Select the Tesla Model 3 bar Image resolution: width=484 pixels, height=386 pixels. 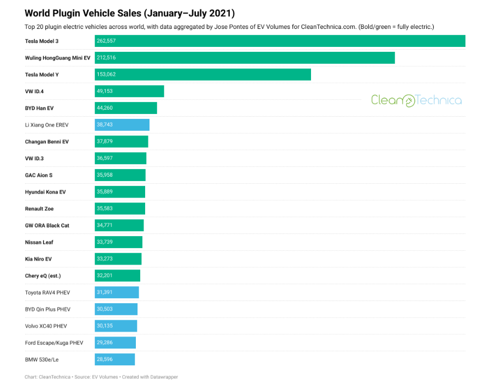click(x=279, y=41)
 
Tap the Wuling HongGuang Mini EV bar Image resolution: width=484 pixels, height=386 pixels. click(x=244, y=58)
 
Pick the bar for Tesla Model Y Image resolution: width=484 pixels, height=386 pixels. click(x=202, y=75)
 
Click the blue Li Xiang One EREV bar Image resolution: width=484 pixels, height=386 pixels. click(x=122, y=125)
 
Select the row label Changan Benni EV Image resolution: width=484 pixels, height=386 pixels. click(x=47, y=142)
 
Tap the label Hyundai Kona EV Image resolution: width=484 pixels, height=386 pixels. click(x=45, y=192)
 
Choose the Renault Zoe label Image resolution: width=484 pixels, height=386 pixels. click(x=39, y=209)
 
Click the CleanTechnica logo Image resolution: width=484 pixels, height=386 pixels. click(x=416, y=100)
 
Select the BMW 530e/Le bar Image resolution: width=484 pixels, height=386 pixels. click(x=115, y=359)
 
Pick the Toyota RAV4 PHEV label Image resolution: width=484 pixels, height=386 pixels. click(x=47, y=293)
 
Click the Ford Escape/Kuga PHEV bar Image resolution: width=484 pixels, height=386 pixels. click(x=115, y=343)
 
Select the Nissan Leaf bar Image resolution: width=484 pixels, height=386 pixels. click(x=118, y=242)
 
